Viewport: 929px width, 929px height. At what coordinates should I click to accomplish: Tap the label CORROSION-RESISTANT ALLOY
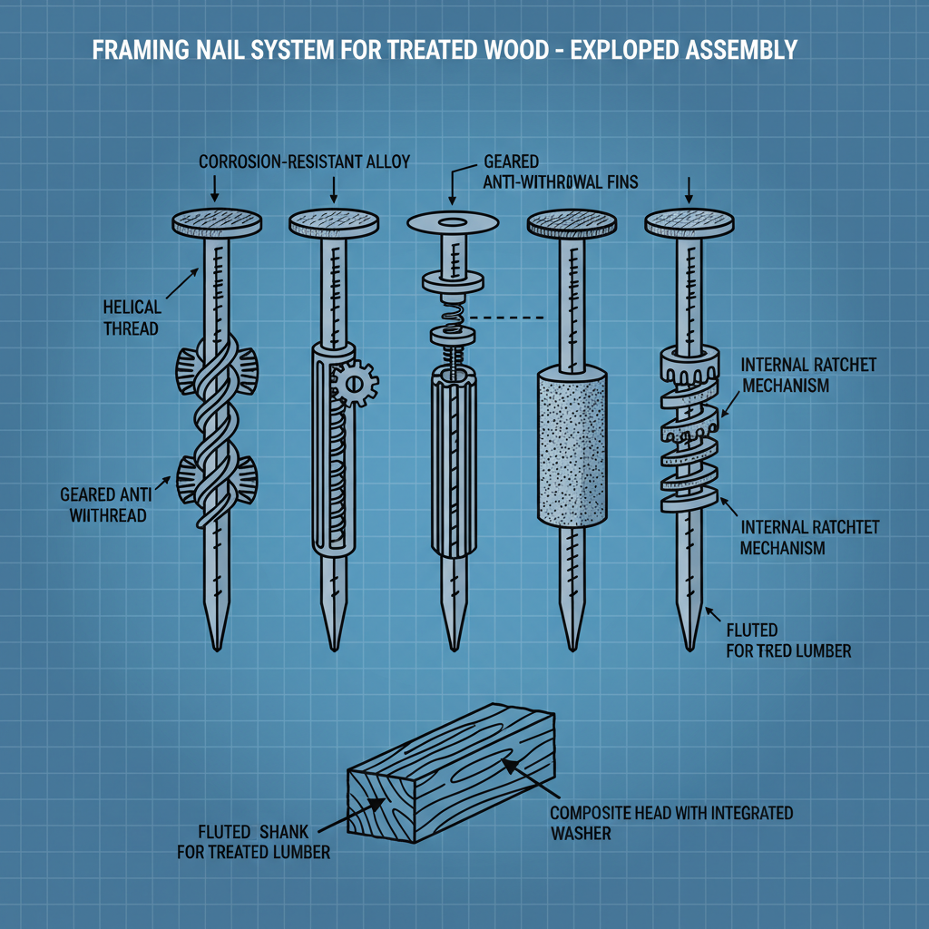tap(304, 162)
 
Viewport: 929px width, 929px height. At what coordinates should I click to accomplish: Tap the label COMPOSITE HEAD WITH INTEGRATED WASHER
tap(670, 822)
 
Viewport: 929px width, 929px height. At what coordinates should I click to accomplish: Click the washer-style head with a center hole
tap(453, 222)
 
